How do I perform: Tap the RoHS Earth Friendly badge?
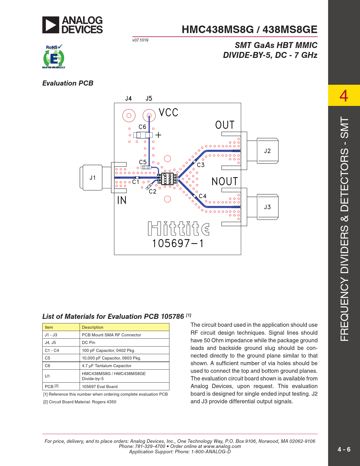(x=54, y=56)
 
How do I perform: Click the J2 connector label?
(x=267, y=151)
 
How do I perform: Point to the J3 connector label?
(x=267, y=207)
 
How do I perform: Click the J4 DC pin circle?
(x=129, y=116)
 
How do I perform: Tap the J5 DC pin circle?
(x=149, y=116)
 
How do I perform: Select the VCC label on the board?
(x=168, y=113)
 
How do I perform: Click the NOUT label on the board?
(x=224, y=181)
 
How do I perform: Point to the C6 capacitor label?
(x=142, y=127)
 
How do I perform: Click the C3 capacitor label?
(x=201, y=165)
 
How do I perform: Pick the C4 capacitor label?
(x=203, y=196)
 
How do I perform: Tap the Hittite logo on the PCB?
(x=178, y=229)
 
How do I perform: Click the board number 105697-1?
(x=178, y=243)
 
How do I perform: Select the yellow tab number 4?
(x=344, y=95)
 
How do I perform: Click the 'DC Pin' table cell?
(x=88, y=343)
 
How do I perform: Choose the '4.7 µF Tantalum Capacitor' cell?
(x=106, y=366)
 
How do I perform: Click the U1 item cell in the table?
(x=47, y=376)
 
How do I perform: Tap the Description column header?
(x=93, y=327)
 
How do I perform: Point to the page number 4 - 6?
(x=344, y=449)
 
